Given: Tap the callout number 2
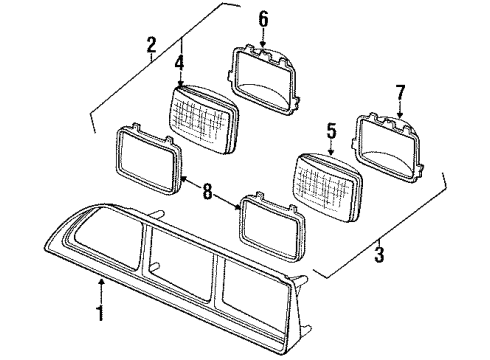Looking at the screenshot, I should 152,45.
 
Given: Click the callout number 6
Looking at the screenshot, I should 263,19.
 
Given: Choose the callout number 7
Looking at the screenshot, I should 400,94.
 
